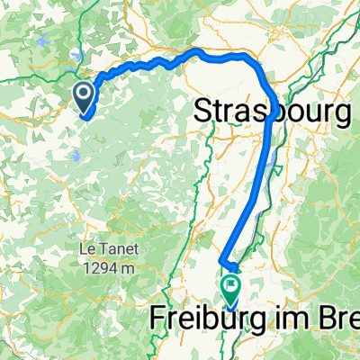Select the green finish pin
coord(232,290)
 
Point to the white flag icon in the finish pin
coord(232,287)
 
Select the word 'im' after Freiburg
coord(288,321)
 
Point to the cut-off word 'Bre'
coord(335,321)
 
